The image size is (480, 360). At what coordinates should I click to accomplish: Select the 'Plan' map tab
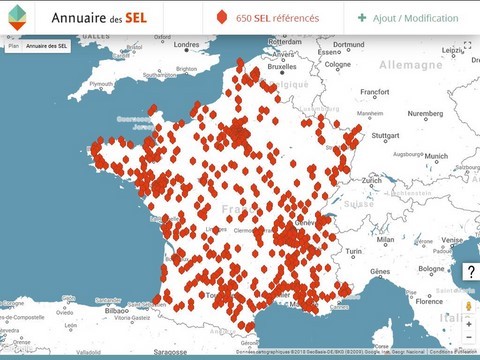click(13, 46)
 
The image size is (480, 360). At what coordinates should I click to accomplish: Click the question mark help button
click(470, 273)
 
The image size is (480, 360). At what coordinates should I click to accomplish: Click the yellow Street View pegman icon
click(468, 306)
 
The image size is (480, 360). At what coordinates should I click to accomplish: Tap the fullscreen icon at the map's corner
click(467, 46)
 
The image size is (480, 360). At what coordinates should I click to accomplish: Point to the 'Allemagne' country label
click(410, 64)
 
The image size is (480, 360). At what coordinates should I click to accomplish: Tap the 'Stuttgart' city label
click(384, 135)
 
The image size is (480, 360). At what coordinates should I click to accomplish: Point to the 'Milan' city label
click(385, 240)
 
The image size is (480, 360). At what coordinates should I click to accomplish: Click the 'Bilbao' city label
click(116, 311)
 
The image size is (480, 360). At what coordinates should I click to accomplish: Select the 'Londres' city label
click(186, 44)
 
